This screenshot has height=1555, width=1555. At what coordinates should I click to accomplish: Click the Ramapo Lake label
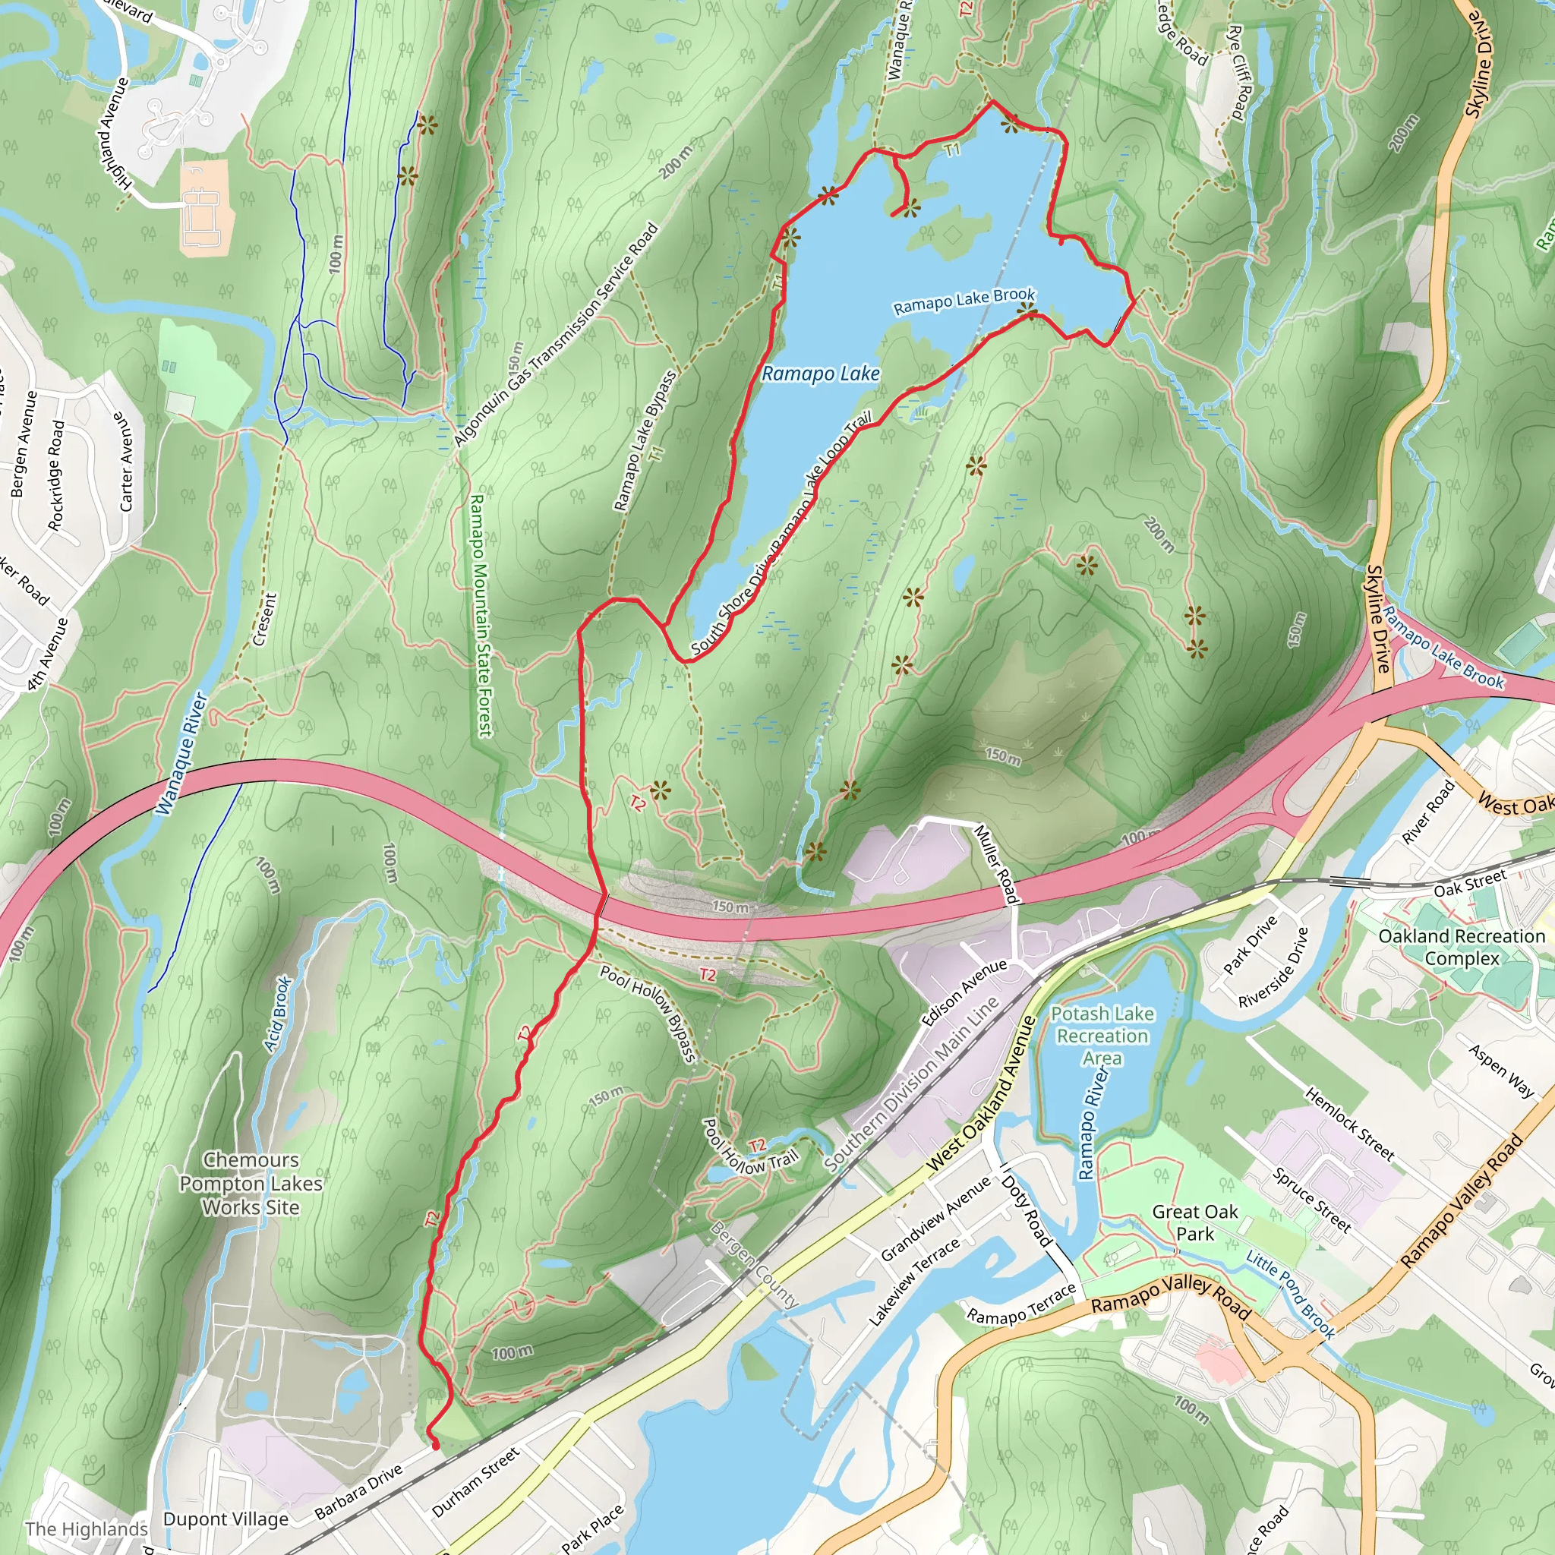pyautogui.click(x=820, y=374)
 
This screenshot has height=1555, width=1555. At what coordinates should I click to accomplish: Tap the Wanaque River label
pyautogui.click(x=181, y=752)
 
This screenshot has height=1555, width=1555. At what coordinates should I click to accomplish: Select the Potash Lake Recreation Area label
pyautogui.click(x=1102, y=1035)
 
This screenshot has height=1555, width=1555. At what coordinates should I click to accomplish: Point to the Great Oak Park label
pyautogui.click(x=1194, y=1222)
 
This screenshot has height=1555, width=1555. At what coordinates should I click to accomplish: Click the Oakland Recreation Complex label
pyautogui.click(x=1462, y=947)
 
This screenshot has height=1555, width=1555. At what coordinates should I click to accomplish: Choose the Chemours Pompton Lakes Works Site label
pyautogui.click(x=251, y=1183)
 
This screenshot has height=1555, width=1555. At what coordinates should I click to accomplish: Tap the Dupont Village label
pyautogui.click(x=226, y=1519)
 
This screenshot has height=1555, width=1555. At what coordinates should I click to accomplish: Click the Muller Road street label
pyautogui.click(x=998, y=863)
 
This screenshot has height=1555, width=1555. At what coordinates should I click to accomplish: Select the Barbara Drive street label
pyautogui.click(x=358, y=1491)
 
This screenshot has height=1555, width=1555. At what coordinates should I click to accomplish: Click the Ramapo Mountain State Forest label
pyautogui.click(x=480, y=616)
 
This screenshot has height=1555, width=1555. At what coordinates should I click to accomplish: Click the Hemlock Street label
pyautogui.click(x=1349, y=1124)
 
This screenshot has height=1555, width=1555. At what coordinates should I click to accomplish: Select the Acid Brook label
pyautogui.click(x=277, y=1014)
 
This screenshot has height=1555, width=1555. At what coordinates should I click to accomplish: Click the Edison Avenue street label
pyautogui.click(x=964, y=992)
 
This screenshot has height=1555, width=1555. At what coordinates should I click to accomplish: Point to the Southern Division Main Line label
pyautogui.click(x=911, y=1083)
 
